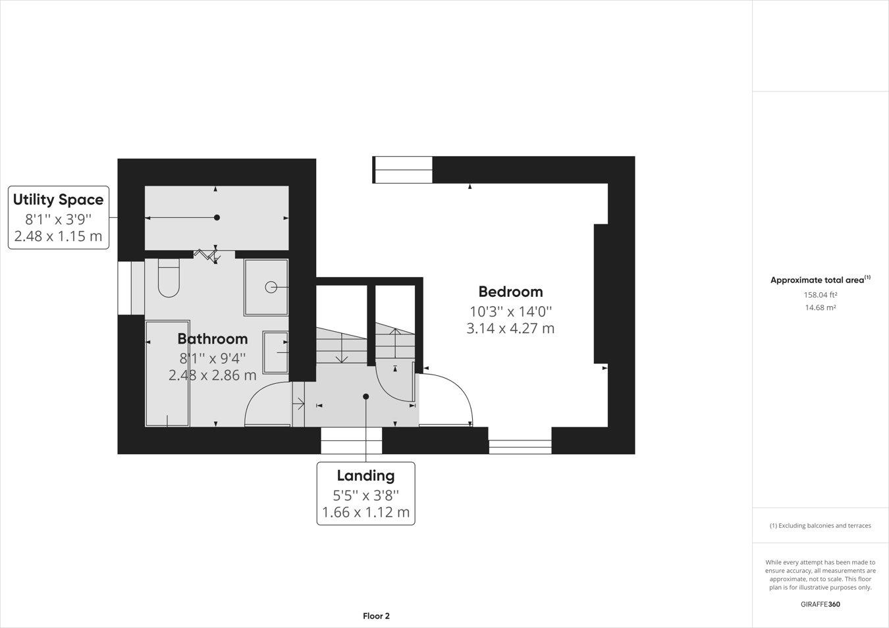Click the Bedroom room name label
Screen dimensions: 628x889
point(510,292)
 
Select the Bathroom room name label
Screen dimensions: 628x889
point(212,339)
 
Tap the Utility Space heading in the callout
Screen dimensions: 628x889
point(58,199)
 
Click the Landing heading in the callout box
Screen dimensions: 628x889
point(365,475)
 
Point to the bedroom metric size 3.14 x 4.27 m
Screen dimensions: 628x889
point(510,328)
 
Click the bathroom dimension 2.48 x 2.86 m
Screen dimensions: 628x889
point(212,375)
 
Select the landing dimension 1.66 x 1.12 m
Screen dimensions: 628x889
point(365,512)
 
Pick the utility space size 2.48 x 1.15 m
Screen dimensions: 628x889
point(58,236)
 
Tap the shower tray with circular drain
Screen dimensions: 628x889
point(266,287)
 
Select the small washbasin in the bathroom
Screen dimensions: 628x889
point(275,352)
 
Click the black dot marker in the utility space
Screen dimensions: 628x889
point(217,217)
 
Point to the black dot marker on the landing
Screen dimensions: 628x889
point(366,396)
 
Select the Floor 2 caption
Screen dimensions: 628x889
point(376,616)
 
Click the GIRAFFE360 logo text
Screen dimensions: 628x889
point(820,604)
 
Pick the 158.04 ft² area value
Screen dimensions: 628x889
point(820,295)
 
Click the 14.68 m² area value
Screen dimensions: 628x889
point(820,307)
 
